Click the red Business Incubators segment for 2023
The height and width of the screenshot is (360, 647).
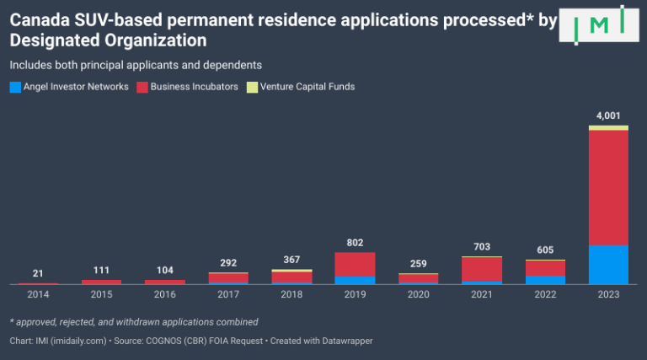coord(608,187)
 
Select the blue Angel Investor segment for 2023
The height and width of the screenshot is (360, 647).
coord(608,265)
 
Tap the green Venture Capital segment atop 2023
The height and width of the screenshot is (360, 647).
coord(608,127)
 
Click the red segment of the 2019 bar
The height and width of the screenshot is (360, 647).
coord(355,264)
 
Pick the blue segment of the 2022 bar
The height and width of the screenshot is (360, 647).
coord(545,280)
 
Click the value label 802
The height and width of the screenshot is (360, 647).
coord(355,243)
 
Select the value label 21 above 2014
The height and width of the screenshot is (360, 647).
coord(38,273)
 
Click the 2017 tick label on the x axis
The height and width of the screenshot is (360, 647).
coord(227,294)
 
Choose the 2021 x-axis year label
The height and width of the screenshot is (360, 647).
coord(481,294)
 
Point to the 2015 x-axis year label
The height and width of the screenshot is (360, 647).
coord(101,294)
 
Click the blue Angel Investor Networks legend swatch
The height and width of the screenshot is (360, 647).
coord(14,87)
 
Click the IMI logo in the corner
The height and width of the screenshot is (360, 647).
coord(599,24)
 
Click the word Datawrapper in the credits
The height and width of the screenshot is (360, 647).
coord(340,341)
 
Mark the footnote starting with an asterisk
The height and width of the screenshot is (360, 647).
coord(134,322)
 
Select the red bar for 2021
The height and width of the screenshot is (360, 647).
coord(481,269)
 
